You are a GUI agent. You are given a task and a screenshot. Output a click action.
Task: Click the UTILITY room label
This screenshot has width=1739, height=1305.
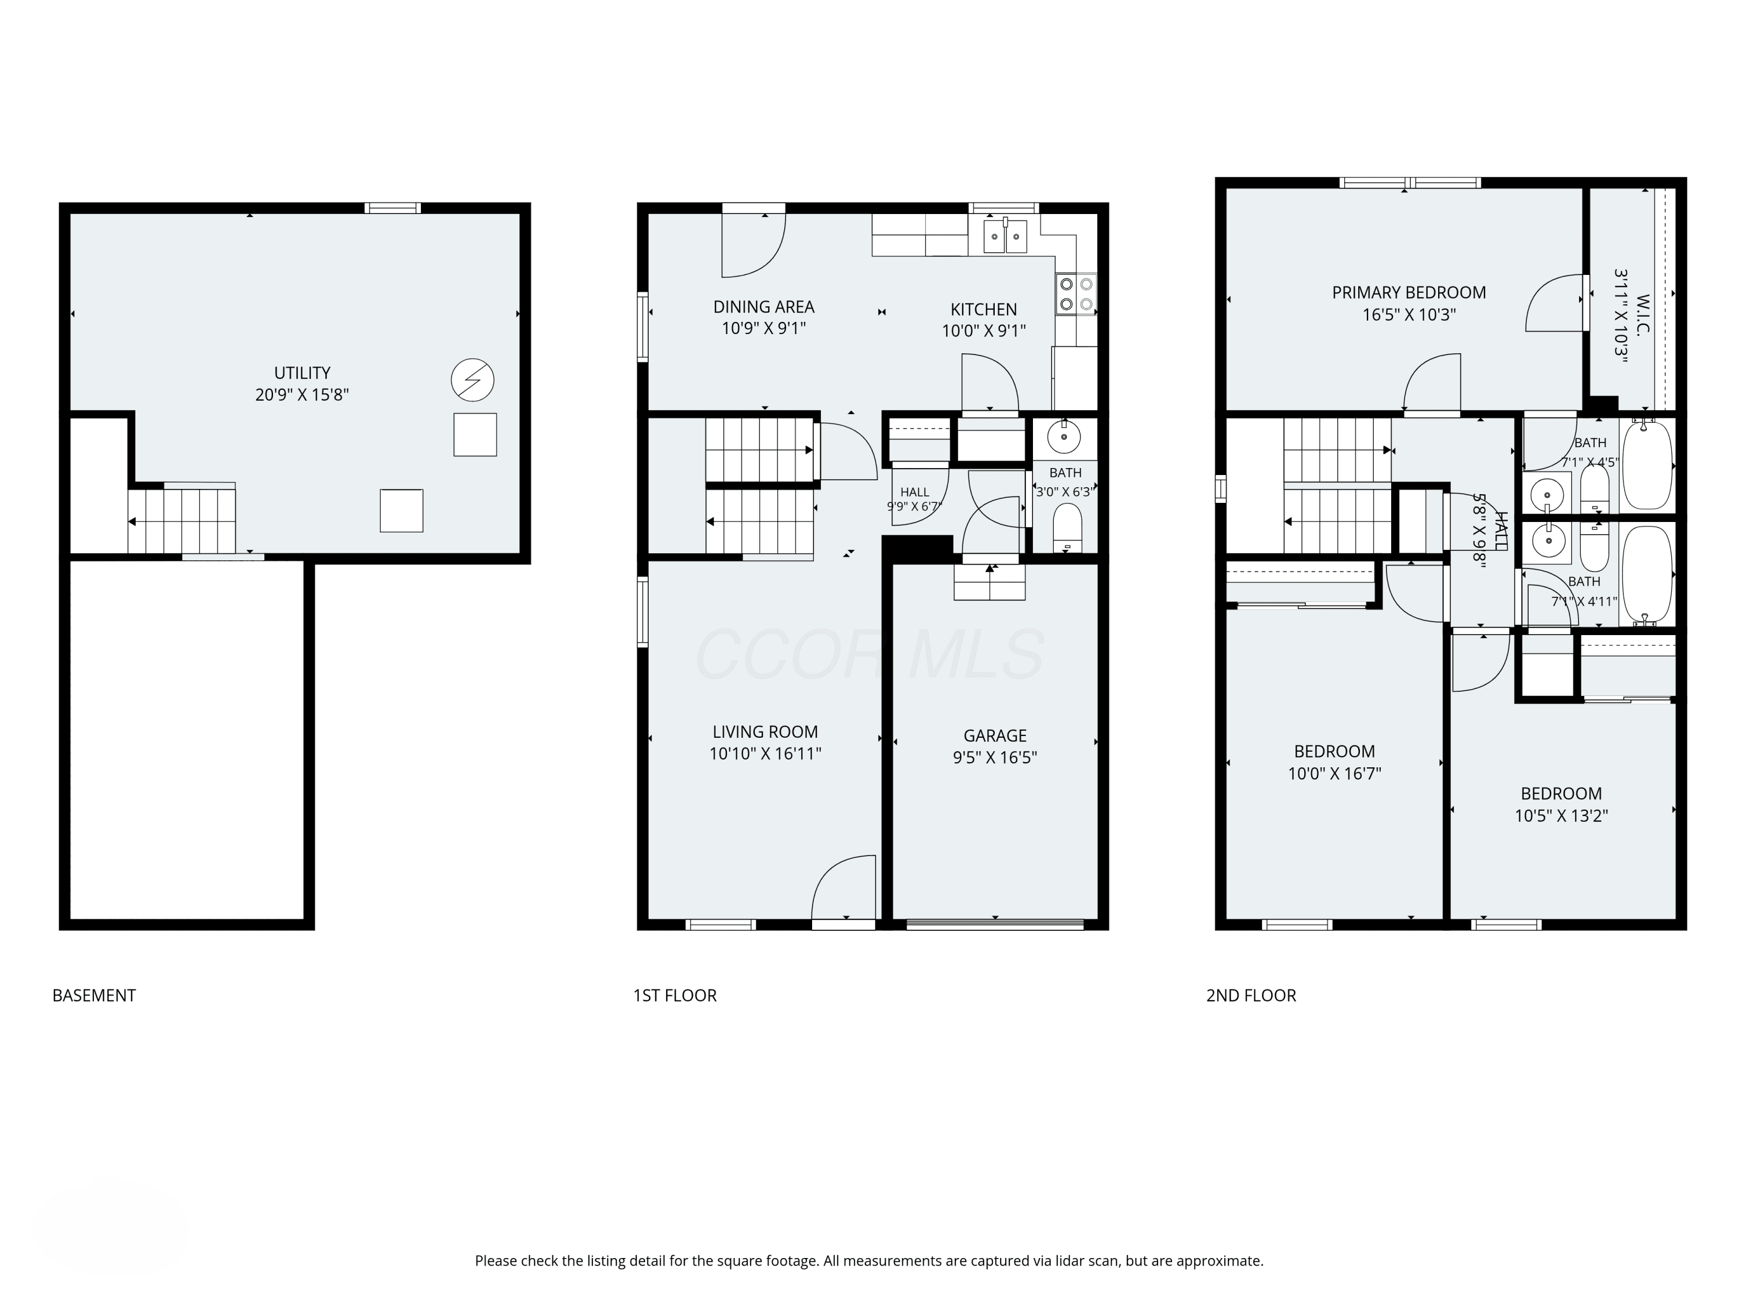[x=302, y=373]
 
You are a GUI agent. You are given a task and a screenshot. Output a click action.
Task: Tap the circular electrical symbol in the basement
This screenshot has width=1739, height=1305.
[x=472, y=380]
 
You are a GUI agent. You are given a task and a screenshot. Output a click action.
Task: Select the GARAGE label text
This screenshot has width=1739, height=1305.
[x=995, y=735]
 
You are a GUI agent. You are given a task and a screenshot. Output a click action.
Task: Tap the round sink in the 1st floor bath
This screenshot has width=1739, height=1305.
[x=1064, y=437]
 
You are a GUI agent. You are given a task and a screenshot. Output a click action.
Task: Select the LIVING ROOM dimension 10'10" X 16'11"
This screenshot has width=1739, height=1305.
[x=765, y=753]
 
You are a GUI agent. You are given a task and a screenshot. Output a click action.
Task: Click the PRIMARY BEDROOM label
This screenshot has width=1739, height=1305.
[x=1409, y=293]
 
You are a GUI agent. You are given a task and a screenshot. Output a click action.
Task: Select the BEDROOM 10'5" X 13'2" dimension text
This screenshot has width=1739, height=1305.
[x=1561, y=815]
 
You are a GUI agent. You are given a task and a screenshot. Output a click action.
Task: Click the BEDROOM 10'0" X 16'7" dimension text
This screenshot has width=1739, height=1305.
[x=1334, y=773]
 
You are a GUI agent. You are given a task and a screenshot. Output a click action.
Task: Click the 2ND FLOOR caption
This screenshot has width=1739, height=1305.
[x=1251, y=995]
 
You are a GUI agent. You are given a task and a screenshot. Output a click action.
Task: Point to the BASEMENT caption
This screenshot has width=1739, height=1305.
[x=93, y=995]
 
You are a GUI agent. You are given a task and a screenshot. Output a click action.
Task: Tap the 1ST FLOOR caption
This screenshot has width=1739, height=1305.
[x=675, y=995]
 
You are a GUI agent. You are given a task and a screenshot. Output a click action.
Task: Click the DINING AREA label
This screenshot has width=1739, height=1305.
[x=763, y=307]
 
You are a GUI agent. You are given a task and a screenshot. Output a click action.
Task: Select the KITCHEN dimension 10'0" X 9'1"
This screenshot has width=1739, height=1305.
[x=984, y=331]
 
